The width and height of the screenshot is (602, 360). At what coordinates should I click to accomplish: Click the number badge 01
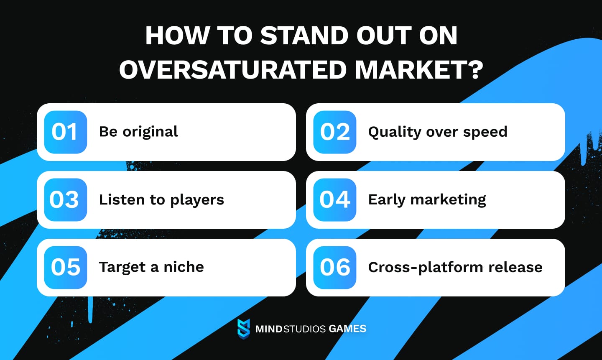(65, 132)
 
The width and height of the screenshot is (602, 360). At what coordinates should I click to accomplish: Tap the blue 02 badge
(334, 132)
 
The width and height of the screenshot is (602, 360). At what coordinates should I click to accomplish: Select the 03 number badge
(65, 200)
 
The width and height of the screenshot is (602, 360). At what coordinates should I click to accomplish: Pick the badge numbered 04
(334, 200)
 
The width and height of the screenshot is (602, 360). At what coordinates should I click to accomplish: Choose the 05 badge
(65, 268)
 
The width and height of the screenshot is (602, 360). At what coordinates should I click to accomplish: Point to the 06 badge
(334, 268)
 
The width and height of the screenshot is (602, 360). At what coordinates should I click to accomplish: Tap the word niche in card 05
(184, 267)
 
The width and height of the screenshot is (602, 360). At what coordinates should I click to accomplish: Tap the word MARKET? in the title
(419, 69)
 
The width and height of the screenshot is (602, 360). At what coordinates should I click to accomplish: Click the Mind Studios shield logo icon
(243, 329)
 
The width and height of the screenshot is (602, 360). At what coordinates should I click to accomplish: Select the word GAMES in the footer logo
(347, 329)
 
